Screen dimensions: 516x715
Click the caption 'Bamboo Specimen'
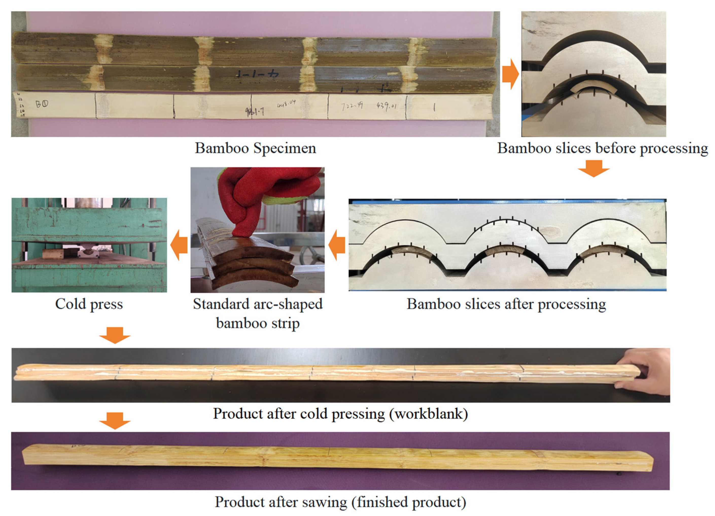click(x=255, y=148)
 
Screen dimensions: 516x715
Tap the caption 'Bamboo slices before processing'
click(x=602, y=148)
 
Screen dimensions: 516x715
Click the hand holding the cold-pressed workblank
click(x=646, y=372)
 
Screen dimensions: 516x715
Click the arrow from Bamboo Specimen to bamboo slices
click(x=510, y=74)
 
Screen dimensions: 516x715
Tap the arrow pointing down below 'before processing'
click(x=594, y=168)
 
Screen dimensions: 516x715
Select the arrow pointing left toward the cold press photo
click(x=179, y=245)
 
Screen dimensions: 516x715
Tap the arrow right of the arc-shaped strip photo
click(x=337, y=245)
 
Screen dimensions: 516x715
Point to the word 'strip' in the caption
click(x=286, y=323)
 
